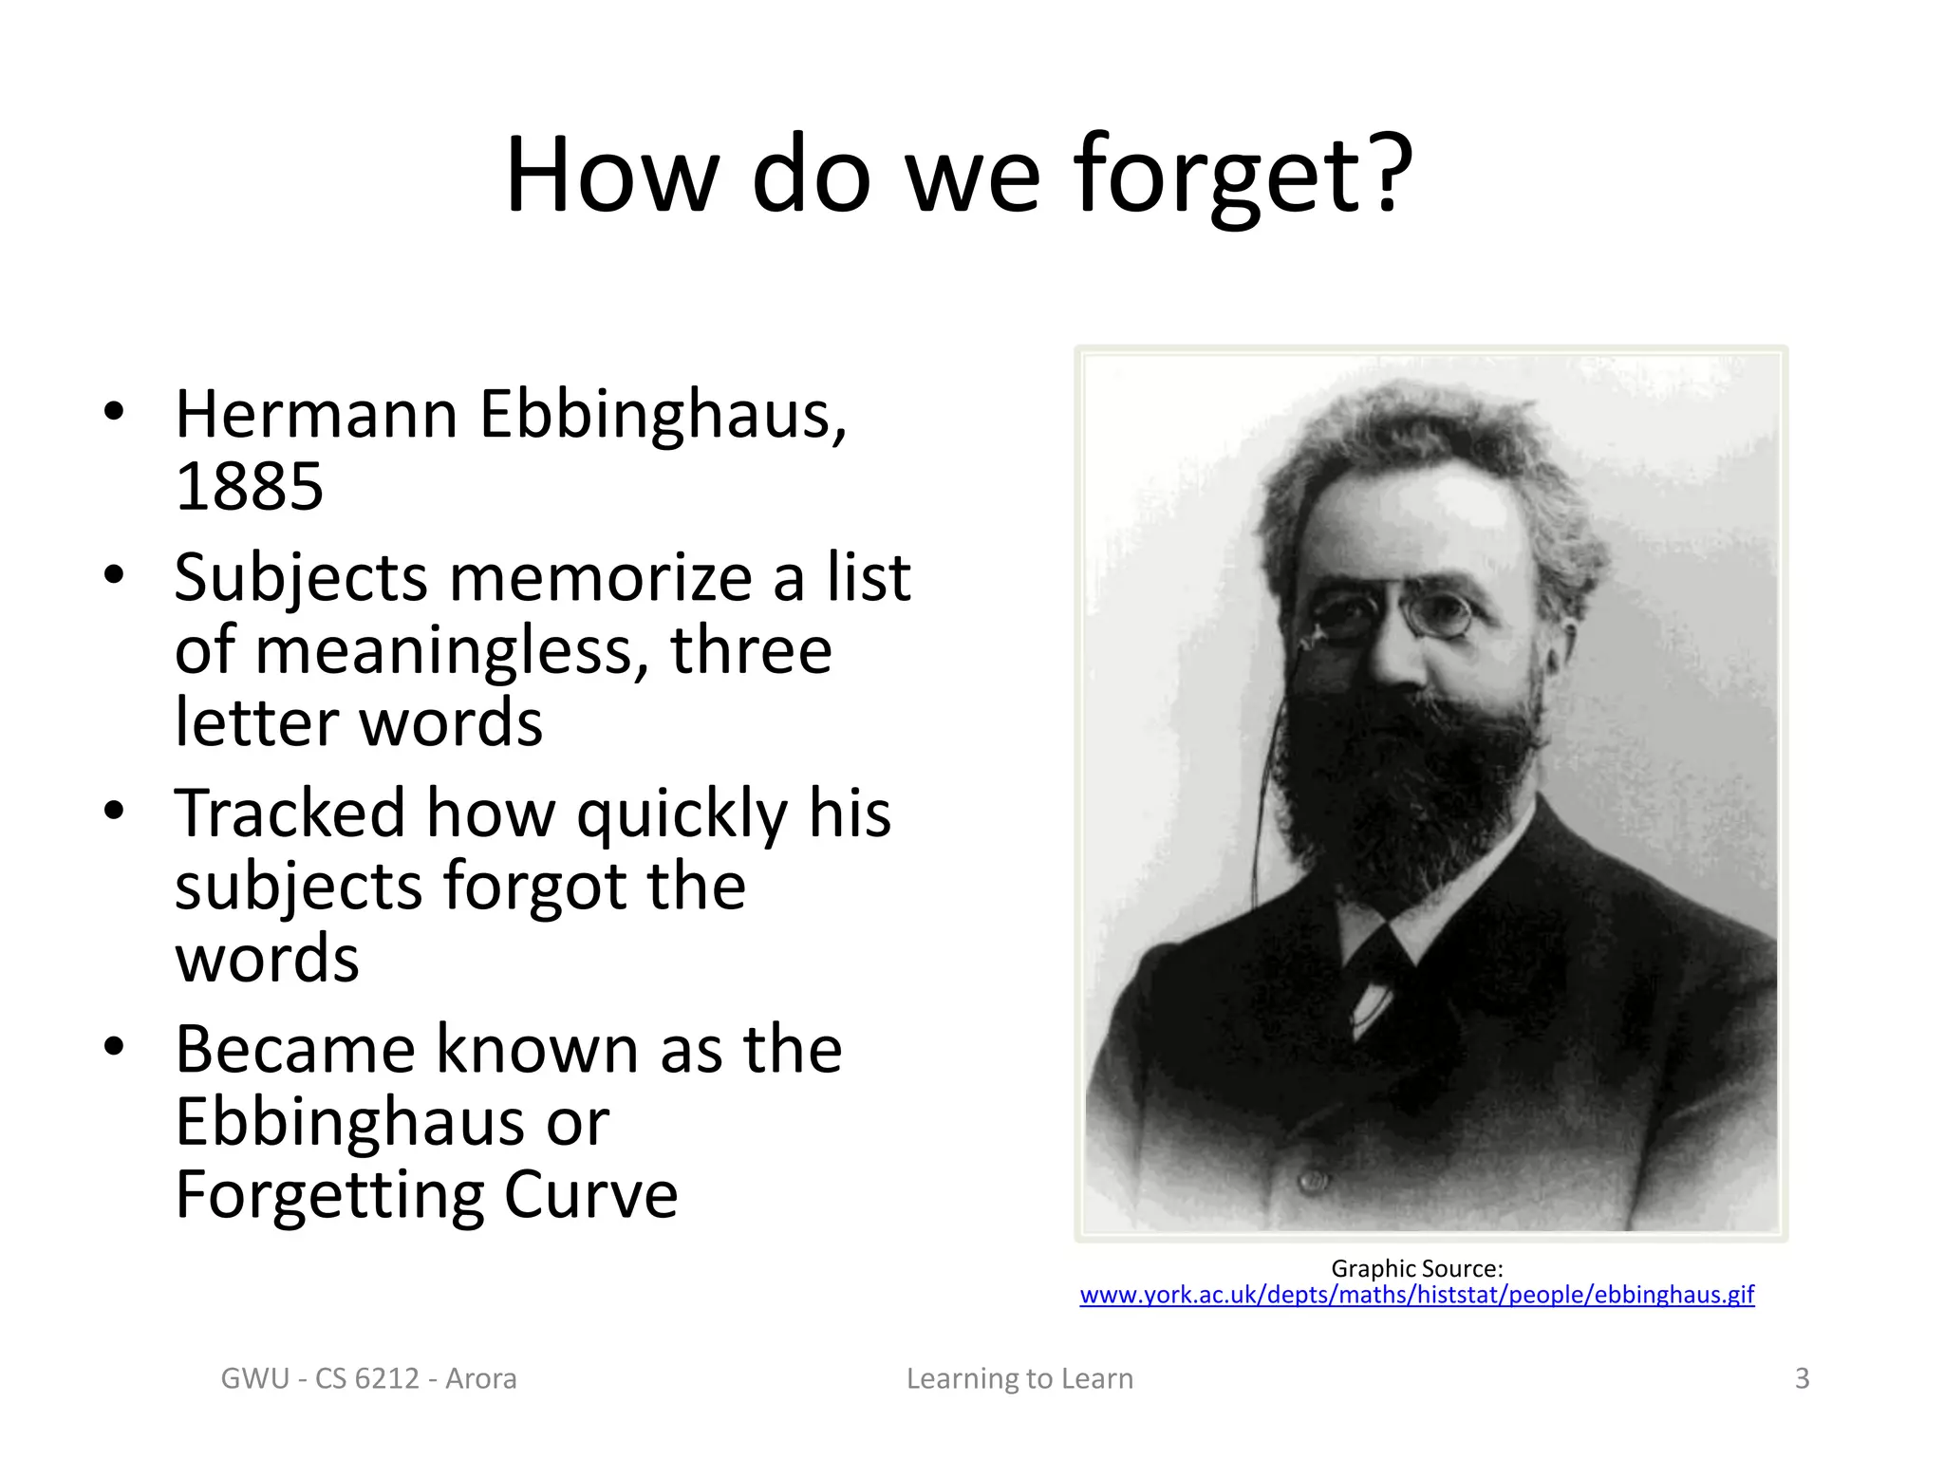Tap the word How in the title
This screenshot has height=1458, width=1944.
pos(611,177)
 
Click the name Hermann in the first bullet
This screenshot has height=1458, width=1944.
pos(317,416)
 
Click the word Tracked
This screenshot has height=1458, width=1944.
pos(290,814)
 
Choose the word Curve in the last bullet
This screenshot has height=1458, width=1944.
pos(590,1194)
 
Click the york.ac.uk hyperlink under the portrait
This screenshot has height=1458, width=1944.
pos(1416,1295)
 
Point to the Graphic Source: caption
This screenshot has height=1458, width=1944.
pos(1416,1269)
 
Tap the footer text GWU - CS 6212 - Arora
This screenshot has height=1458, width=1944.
pos(368,1378)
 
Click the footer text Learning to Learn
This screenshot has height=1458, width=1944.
pos(1019,1378)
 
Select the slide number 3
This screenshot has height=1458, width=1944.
pos(1802,1378)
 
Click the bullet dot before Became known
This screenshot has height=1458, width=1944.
pos(114,1047)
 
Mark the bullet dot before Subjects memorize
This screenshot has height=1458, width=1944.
pos(114,575)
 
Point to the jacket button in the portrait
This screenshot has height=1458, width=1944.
pos(1313,1180)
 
